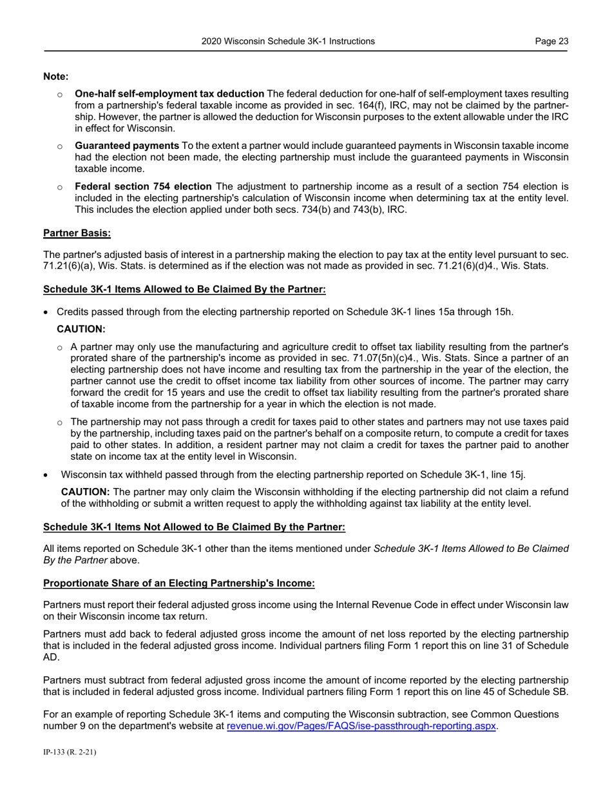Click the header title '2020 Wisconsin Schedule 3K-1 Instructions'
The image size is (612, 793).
click(288, 41)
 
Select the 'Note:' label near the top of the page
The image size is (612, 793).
click(56, 77)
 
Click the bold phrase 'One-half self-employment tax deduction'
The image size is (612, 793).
click(169, 93)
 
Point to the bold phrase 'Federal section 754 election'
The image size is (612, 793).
click(143, 187)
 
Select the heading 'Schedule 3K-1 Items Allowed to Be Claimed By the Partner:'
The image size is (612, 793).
click(184, 289)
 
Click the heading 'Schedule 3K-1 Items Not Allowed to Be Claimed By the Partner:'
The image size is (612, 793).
click(194, 527)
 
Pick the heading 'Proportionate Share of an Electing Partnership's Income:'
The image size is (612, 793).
click(178, 583)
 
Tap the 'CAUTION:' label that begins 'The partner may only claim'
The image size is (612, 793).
click(85, 492)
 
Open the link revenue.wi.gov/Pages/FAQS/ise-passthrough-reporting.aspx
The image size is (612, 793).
click(361, 726)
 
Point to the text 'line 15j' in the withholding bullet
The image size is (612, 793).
click(510, 475)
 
